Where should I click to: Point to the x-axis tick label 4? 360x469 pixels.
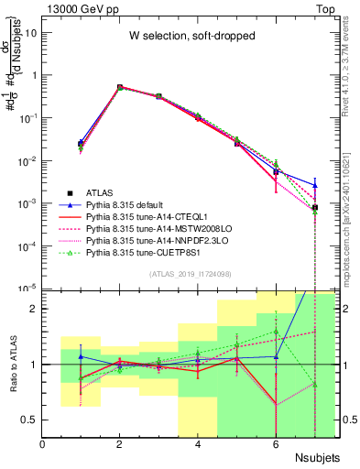(x=198, y=444)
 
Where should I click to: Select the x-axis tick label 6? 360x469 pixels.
(x=276, y=444)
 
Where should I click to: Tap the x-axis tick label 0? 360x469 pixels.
(x=43, y=444)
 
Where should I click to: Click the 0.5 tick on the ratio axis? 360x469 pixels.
(x=32, y=420)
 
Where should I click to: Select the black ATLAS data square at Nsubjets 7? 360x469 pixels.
(x=314, y=208)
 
